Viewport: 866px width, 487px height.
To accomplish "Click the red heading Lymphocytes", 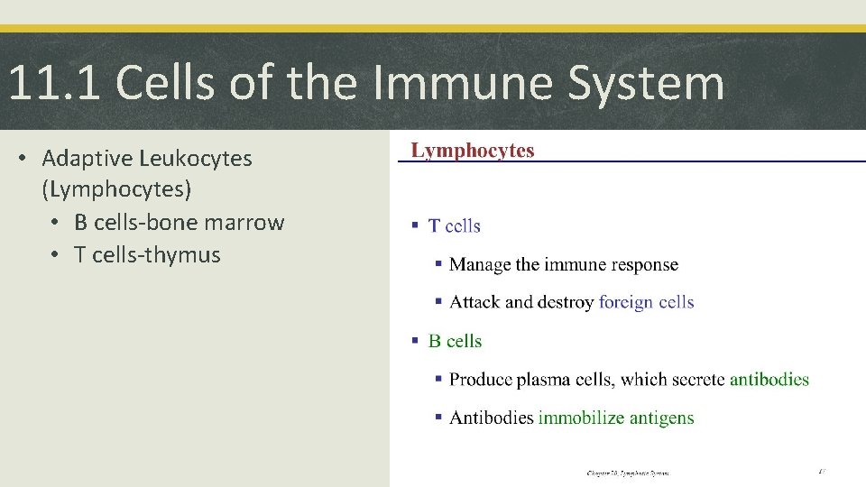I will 473,151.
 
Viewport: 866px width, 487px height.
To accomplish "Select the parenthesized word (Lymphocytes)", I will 115,190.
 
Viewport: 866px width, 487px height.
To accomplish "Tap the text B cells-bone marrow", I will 179,223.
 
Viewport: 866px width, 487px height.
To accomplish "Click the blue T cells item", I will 455,226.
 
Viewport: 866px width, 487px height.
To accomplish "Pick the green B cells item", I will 456,341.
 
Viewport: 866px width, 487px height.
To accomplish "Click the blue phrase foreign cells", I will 646,302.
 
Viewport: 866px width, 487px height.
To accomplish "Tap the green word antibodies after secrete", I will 769,380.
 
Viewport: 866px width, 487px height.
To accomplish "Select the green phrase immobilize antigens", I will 616,418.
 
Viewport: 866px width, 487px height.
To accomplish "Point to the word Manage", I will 480,264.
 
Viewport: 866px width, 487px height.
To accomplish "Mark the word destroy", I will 567,302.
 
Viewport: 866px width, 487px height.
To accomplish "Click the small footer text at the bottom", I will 628,473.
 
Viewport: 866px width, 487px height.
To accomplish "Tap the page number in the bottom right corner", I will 822,471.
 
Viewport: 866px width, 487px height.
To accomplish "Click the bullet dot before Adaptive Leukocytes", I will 27,160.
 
